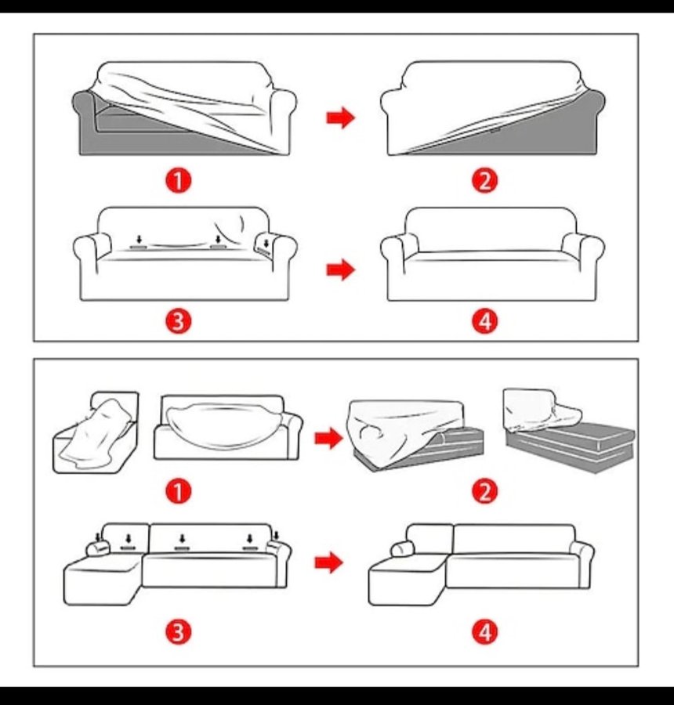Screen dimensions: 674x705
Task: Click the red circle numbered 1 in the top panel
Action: [x=179, y=181]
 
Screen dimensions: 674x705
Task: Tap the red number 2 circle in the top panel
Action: [x=485, y=181]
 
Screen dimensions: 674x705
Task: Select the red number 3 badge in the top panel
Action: [x=179, y=321]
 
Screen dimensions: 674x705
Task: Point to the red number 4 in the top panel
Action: [x=485, y=321]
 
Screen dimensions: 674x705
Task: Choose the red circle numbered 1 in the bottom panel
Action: [x=179, y=491]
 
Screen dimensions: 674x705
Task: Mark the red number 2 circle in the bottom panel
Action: [x=485, y=491]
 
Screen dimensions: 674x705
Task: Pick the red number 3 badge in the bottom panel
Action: [x=179, y=631]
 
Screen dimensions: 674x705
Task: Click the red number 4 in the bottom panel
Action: [x=485, y=631]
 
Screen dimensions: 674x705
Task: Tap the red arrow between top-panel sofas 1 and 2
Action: [x=341, y=117]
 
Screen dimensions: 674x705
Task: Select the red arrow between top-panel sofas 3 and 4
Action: [x=341, y=269]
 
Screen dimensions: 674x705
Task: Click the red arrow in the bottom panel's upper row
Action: [x=329, y=438]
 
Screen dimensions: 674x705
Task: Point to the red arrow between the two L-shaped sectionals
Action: [x=329, y=562]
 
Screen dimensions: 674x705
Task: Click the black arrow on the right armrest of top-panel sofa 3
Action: [x=266, y=244]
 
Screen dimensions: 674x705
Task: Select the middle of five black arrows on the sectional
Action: [x=182, y=539]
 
